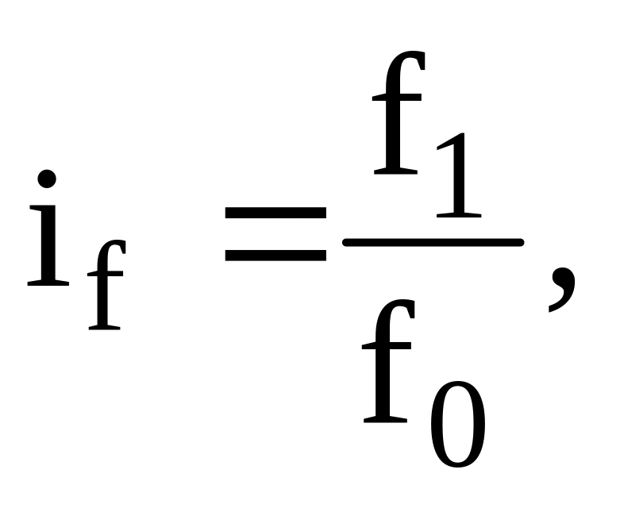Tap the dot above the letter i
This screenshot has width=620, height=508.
[x=48, y=179]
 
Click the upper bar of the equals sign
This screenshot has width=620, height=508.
[x=275, y=213]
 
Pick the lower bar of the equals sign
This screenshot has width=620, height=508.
[x=275, y=256]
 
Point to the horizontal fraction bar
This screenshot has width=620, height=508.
[x=432, y=241]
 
